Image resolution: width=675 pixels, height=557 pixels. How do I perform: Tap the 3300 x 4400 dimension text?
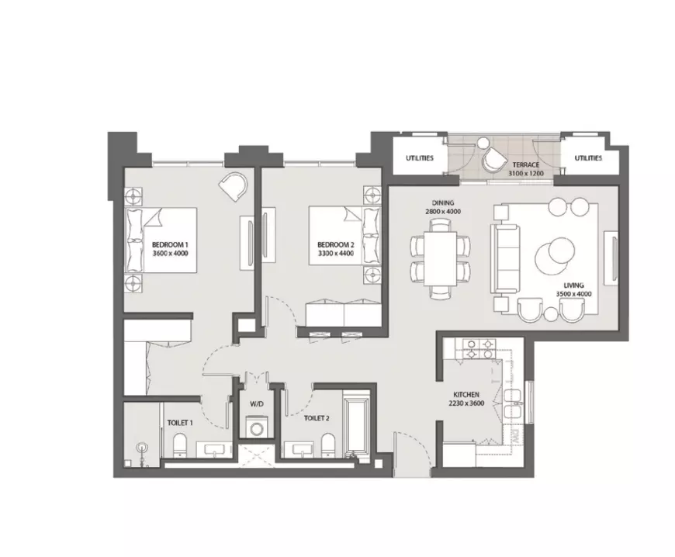point(336,254)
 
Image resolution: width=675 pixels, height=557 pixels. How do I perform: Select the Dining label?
point(443,202)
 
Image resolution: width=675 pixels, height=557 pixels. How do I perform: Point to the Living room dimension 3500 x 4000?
point(573,294)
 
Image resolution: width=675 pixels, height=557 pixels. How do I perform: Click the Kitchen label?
point(466,394)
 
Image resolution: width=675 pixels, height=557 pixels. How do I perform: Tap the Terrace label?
point(525,164)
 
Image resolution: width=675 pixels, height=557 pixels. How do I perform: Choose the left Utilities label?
point(419,158)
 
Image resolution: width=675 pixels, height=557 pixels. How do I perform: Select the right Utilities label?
point(588,158)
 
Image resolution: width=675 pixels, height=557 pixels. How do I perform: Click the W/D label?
point(256,404)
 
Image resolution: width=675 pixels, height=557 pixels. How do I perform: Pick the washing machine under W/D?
point(257,427)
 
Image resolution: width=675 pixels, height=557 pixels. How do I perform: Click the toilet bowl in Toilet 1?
point(179,445)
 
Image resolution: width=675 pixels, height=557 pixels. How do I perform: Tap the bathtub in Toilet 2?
point(355,424)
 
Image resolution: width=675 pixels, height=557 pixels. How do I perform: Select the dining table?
point(440,258)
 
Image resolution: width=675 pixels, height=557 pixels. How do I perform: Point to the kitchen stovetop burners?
point(479,349)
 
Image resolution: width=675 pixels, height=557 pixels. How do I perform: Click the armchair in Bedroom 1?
point(234,185)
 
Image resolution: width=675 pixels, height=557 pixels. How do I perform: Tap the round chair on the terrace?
point(495,159)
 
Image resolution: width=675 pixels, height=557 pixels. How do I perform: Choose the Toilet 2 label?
point(317,418)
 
